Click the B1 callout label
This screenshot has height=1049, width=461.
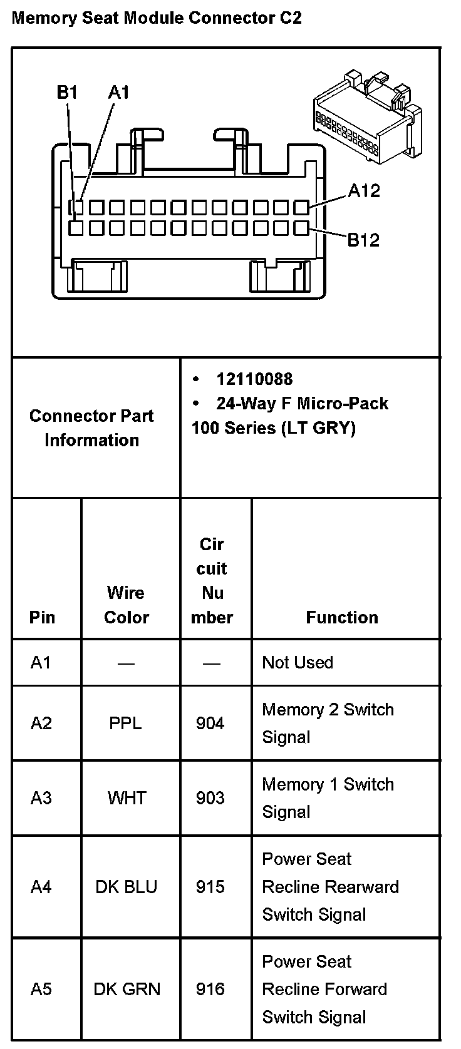66,93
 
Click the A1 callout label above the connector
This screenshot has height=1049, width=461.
118,93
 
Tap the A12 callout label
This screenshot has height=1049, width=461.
363,191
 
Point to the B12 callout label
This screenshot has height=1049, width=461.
363,240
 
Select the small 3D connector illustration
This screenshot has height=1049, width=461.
367,116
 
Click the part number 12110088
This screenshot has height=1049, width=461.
254,379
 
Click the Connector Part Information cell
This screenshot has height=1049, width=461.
91,428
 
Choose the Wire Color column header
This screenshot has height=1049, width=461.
127,605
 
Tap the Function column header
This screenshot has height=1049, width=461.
342,618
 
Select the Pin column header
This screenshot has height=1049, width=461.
42,618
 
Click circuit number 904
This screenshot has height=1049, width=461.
210,724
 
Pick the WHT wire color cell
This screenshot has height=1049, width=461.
127,798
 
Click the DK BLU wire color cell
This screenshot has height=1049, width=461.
127,887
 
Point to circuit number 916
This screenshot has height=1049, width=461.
210,989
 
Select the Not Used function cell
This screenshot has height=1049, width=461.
298,662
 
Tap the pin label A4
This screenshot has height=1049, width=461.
41,887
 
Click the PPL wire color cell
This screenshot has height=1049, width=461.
125,724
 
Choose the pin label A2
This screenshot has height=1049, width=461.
41,724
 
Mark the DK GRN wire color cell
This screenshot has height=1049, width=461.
127,989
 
